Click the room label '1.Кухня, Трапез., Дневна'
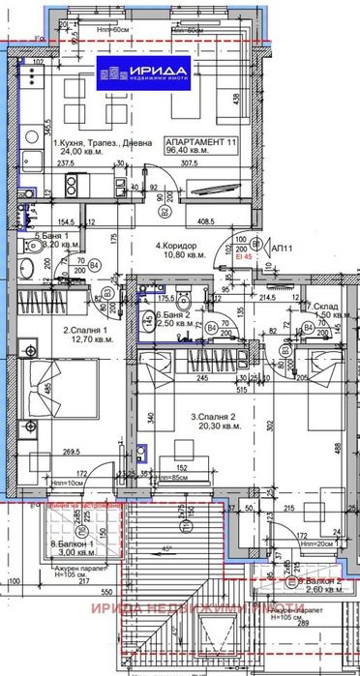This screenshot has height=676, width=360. point(103,141)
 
